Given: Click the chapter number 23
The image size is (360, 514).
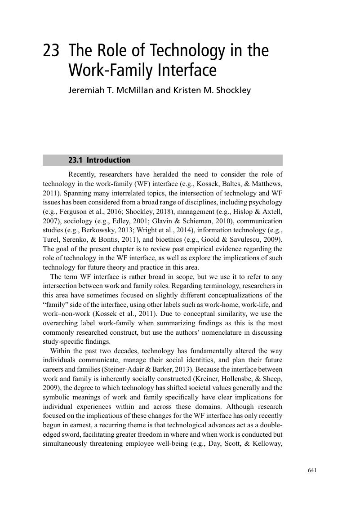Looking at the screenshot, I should point(51,51).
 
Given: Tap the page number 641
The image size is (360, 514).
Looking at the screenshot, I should point(313,470).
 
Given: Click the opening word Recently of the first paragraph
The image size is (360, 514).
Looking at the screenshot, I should point(82,174).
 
